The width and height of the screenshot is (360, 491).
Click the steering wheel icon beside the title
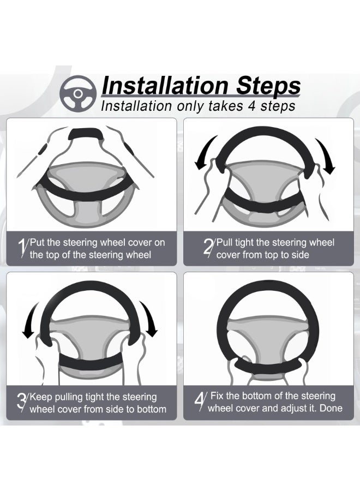(78, 93)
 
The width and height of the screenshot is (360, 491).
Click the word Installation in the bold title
(165, 86)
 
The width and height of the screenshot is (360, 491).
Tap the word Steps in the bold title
(268, 86)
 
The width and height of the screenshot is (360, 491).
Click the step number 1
(22, 248)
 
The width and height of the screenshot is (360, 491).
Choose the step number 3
(22, 403)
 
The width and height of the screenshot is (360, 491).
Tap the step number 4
(200, 401)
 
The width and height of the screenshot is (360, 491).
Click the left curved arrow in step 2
(205, 153)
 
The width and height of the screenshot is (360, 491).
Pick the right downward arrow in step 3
(149, 319)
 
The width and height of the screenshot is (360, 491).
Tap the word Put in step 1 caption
(38, 242)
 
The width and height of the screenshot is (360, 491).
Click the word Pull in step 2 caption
(224, 242)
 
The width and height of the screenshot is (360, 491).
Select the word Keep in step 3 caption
(41, 397)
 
